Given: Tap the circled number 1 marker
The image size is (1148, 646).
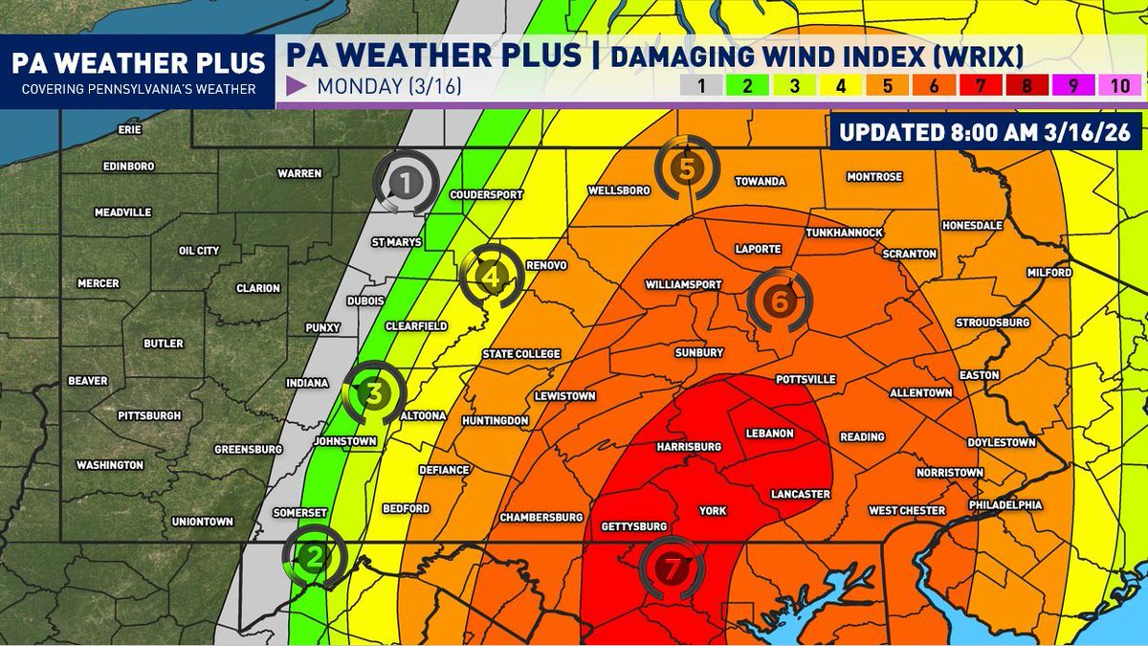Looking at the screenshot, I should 407,179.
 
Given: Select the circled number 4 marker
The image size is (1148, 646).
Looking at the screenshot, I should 492,278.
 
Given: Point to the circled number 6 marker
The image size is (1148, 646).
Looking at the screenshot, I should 780,301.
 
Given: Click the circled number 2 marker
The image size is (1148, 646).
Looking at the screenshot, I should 314,554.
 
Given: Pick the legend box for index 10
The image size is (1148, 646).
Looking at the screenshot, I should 1120,85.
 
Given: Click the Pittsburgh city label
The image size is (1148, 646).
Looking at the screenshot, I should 149,415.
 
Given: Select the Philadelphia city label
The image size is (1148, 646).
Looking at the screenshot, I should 1004,504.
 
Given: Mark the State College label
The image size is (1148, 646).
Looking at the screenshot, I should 521,354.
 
